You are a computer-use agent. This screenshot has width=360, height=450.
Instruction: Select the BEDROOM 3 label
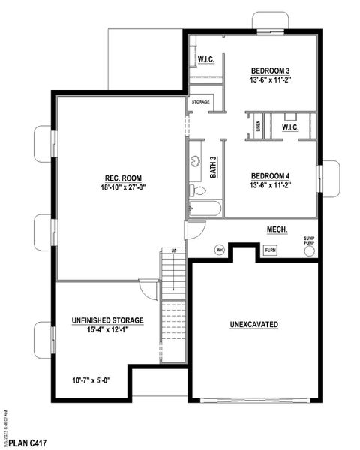tap(270, 70)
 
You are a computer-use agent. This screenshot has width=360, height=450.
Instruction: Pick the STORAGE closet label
tap(200, 100)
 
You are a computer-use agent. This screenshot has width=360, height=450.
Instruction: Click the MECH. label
tap(277, 229)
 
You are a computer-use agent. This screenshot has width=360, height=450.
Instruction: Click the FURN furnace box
tap(270, 250)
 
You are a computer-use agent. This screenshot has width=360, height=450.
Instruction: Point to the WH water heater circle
tap(220, 250)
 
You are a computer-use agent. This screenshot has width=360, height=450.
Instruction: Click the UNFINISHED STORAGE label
tap(108, 320)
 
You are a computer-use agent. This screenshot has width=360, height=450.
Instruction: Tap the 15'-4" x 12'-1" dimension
tap(108, 330)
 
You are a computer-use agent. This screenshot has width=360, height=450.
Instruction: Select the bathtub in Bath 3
tap(203, 208)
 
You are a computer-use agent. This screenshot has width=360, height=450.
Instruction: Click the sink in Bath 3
tap(196, 160)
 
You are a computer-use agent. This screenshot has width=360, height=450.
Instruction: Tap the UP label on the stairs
tap(174, 250)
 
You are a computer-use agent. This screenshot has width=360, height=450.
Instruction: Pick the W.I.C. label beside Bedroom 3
tap(206, 60)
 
